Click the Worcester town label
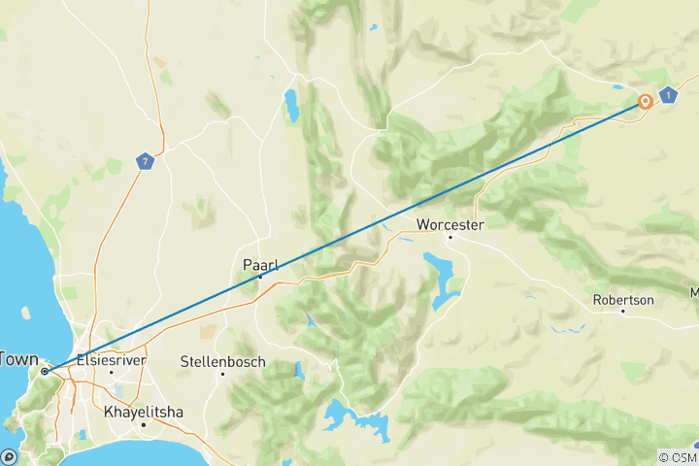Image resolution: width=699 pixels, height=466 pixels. (449, 225)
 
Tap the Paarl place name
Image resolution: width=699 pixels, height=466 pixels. (262, 263)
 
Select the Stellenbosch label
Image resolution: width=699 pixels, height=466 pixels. (222, 361)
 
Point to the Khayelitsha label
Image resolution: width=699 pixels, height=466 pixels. (144, 412)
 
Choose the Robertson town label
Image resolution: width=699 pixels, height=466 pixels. (623, 300)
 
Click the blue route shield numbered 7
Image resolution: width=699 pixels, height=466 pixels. (145, 161)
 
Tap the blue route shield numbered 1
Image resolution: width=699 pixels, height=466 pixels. (668, 95)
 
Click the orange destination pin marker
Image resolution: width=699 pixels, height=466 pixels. (646, 101)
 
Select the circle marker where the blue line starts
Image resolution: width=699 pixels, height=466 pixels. (45, 371)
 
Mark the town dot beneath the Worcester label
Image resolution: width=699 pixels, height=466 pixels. (449, 237)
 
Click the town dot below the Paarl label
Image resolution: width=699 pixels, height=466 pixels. (261, 277)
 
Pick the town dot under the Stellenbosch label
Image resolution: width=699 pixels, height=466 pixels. (222, 374)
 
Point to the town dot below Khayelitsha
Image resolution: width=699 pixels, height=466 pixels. (144, 424)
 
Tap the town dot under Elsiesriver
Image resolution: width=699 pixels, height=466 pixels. (111, 371)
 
